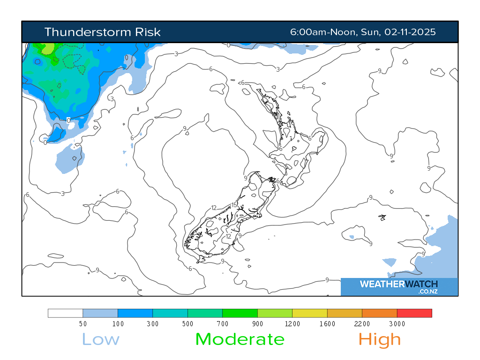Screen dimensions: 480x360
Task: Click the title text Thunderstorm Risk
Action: pyautogui.click(x=102, y=32)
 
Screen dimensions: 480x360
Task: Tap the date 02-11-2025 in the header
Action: pyautogui.click(x=410, y=32)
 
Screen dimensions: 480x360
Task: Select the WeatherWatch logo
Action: pyautogui.click(x=399, y=286)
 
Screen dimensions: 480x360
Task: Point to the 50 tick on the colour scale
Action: pyautogui.click(x=82, y=324)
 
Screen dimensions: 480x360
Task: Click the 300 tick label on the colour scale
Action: pyautogui.click(x=153, y=324)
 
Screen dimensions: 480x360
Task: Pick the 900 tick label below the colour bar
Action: pyautogui.click(x=257, y=324)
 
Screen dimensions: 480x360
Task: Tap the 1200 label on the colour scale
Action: pyautogui.click(x=292, y=324)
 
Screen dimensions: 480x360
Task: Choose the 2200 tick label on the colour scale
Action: pyautogui.click(x=362, y=324)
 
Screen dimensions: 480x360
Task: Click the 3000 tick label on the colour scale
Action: pyautogui.click(x=397, y=324)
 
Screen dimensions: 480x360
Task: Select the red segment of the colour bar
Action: pyautogui.click(x=414, y=313)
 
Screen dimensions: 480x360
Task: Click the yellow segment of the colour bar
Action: pyautogui.click(x=309, y=313)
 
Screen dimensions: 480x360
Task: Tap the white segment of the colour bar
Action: pyautogui.click(x=65, y=313)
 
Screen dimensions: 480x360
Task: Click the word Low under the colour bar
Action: pyautogui.click(x=100, y=339)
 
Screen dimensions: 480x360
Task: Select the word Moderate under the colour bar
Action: pyautogui.click(x=240, y=339)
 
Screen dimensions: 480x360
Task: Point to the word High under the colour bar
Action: pyautogui.click(x=380, y=339)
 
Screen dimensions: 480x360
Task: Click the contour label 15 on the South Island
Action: pyautogui.click(x=234, y=205)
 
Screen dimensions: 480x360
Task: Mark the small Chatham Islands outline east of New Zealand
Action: pyautogui.click(x=382, y=217)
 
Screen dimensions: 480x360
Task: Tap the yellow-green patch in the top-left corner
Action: pyautogui.click(x=48, y=48)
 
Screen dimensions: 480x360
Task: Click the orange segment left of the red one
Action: pyautogui.click(x=379, y=313)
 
